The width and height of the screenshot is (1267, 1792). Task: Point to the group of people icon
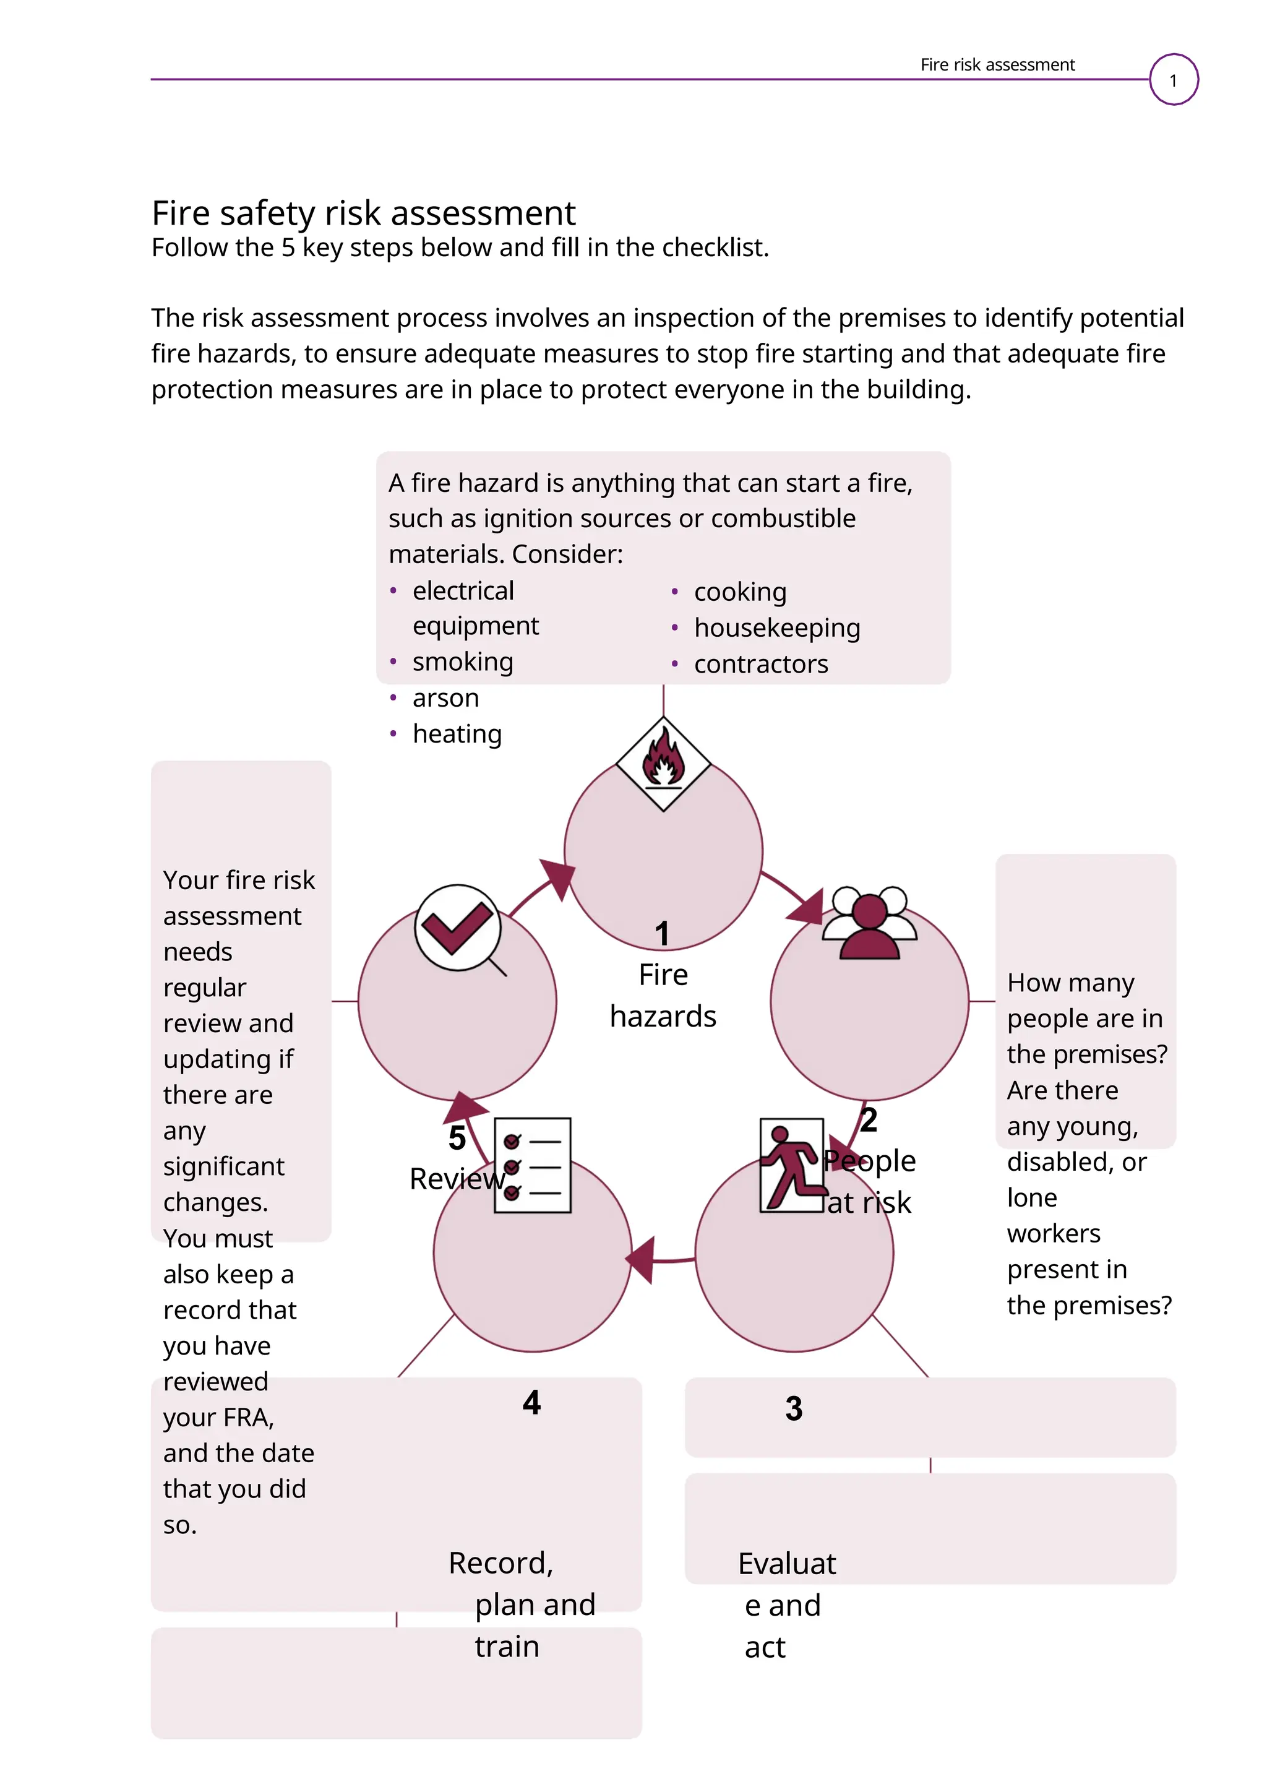point(869,923)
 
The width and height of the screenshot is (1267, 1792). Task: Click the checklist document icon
point(533,1165)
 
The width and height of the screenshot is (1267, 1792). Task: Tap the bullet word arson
point(445,698)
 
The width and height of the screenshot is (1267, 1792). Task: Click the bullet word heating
point(457,734)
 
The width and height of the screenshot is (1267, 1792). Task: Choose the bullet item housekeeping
point(776,627)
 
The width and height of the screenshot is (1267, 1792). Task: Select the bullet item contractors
point(761,664)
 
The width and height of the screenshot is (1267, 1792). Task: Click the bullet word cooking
point(740,592)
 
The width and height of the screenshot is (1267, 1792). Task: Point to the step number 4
point(531,1403)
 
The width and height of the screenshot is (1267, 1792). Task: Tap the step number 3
point(794,1409)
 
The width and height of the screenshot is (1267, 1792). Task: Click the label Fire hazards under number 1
point(663,995)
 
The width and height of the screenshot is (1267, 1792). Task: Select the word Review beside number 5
point(457,1179)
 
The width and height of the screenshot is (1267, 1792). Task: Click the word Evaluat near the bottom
point(786,1564)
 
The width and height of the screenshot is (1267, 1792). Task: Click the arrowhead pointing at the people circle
point(807,907)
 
